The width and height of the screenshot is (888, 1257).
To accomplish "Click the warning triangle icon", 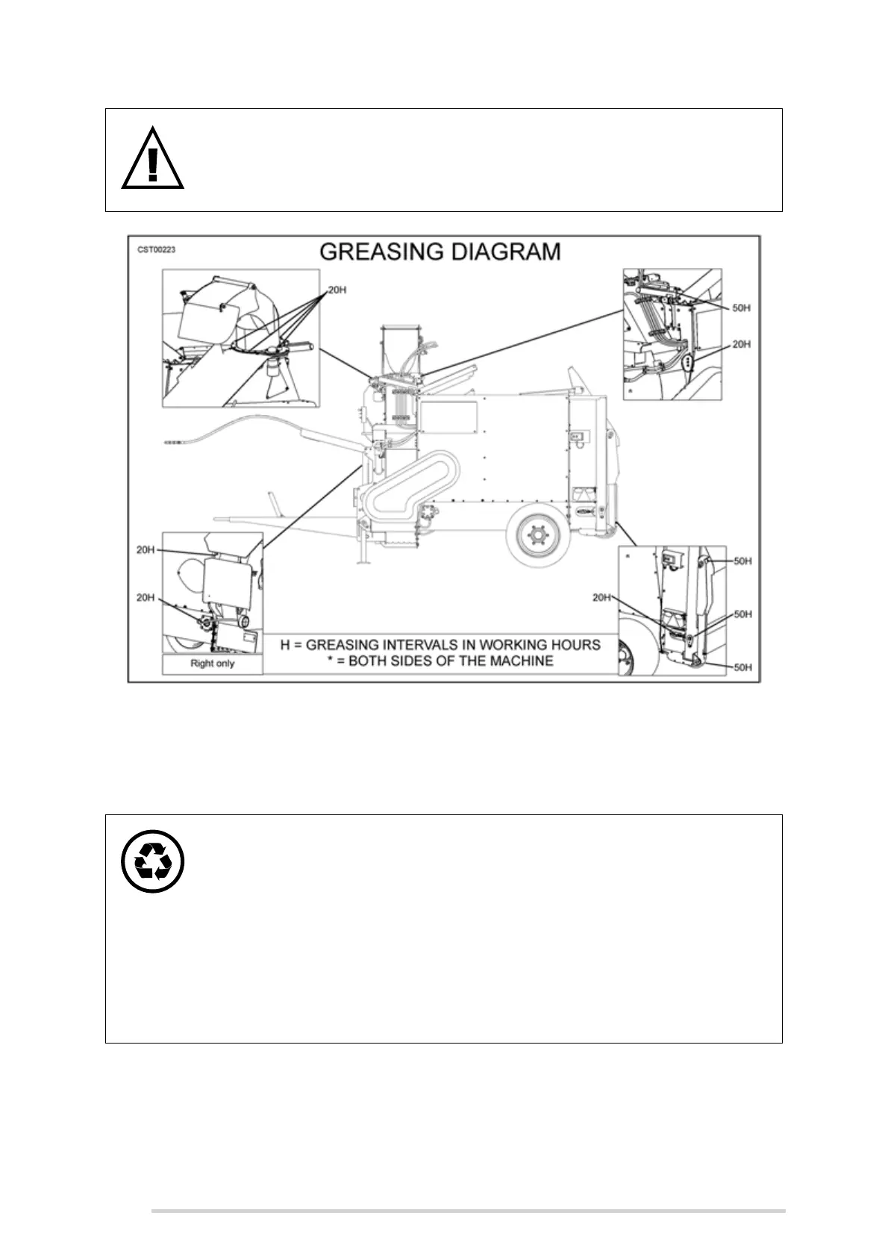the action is click(x=153, y=159).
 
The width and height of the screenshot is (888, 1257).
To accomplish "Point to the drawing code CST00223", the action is click(x=156, y=249).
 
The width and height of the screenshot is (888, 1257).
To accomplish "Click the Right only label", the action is click(x=212, y=664).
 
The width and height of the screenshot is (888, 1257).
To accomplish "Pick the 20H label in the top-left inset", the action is click(x=337, y=290).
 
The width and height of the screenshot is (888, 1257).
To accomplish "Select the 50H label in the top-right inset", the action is click(x=741, y=308).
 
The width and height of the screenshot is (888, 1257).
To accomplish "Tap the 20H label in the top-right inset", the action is click(x=741, y=344).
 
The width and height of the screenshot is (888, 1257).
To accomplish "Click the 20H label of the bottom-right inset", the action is click(x=602, y=598).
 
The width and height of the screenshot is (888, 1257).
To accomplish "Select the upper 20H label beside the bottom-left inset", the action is click(x=146, y=550).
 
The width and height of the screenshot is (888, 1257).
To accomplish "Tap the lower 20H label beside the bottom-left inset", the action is click(x=146, y=598).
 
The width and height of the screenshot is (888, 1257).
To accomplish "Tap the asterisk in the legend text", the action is click(x=329, y=660).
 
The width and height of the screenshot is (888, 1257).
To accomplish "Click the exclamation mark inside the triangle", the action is click(x=153, y=164).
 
